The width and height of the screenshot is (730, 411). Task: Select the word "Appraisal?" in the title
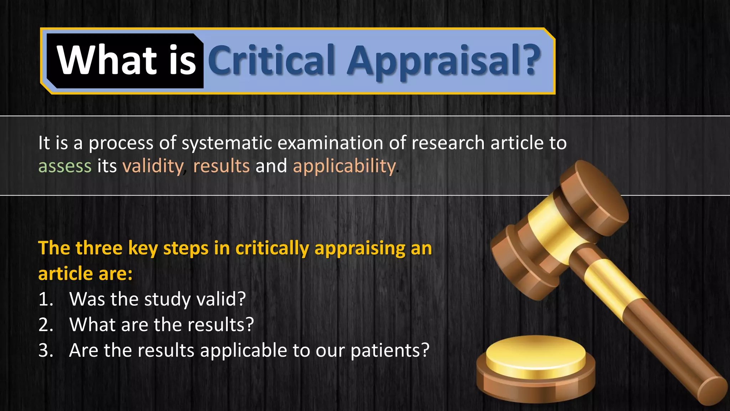coord(444,61)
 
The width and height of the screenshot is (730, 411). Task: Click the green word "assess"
coord(65,166)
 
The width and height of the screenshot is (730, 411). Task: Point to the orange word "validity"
coord(153,166)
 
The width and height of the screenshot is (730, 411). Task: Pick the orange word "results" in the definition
coord(221,166)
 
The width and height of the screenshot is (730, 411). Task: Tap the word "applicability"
coord(344,166)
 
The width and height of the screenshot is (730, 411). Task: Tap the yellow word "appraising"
coord(360,249)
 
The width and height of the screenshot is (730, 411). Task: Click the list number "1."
coord(46,299)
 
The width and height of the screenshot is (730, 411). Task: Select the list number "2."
coord(46,325)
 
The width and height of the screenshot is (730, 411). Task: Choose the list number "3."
coord(46,350)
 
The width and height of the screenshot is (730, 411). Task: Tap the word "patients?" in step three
coord(390,351)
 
